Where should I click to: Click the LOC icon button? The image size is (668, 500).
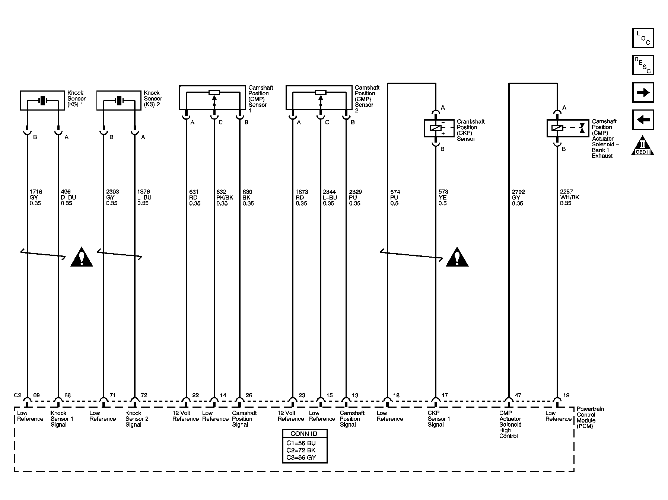click(x=643, y=38)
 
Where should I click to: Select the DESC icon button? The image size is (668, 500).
click(x=643, y=65)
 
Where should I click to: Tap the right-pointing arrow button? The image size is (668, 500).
click(x=643, y=92)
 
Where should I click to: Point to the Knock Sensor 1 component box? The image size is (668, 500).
click(x=42, y=100)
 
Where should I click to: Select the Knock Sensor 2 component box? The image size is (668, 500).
click(x=119, y=100)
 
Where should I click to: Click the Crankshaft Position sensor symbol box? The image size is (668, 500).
click(x=439, y=128)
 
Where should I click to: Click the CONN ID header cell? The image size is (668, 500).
click(x=305, y=434)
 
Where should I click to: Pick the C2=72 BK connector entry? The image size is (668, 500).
click(x=301, y=450)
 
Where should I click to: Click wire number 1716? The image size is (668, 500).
click(x=36, y=192)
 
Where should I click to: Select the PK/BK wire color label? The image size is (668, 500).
click(x=225, y=198)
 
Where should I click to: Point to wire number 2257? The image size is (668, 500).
click(x=566, y=192)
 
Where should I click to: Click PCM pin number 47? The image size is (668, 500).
click(x=518, y=395)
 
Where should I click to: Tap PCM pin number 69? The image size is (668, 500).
click(x=36, y=395)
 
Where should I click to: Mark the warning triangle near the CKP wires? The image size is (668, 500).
click(x=457, y=257)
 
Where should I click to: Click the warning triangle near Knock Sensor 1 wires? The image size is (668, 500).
click(x=82, y=257)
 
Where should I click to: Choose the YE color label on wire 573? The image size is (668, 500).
click(x=443, y=198)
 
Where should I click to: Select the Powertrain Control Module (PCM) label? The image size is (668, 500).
click(x=591, y=417)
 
